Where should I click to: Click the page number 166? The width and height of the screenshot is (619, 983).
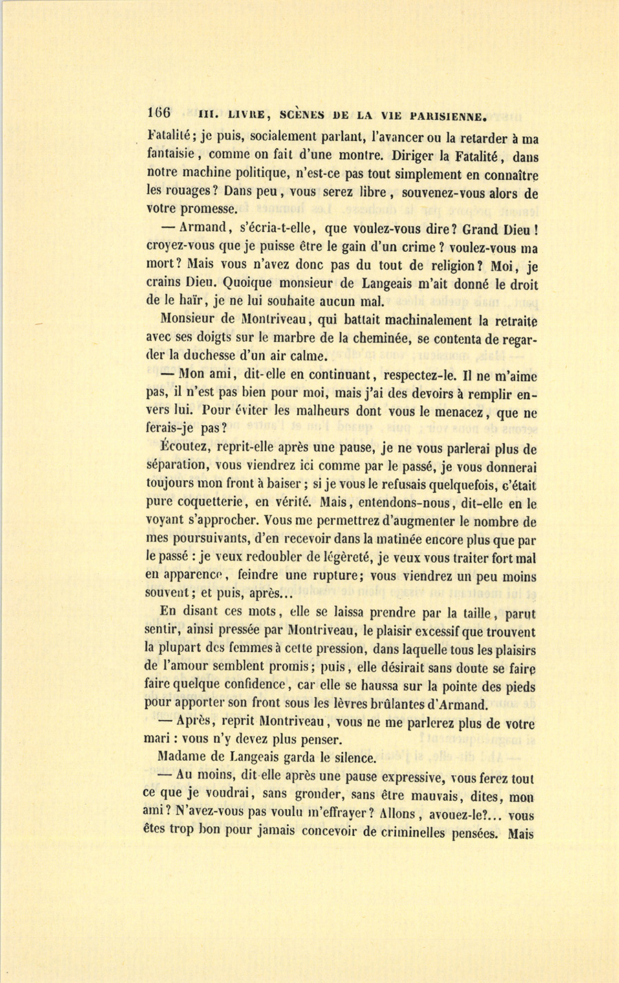click(159, 112)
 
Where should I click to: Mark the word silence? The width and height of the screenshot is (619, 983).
click(351, 758)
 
